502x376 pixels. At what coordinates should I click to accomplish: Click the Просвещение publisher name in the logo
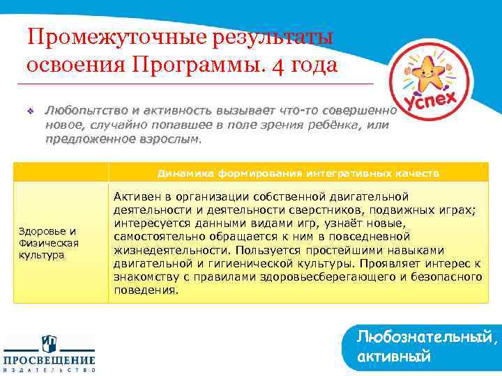click(x=50, y=360)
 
